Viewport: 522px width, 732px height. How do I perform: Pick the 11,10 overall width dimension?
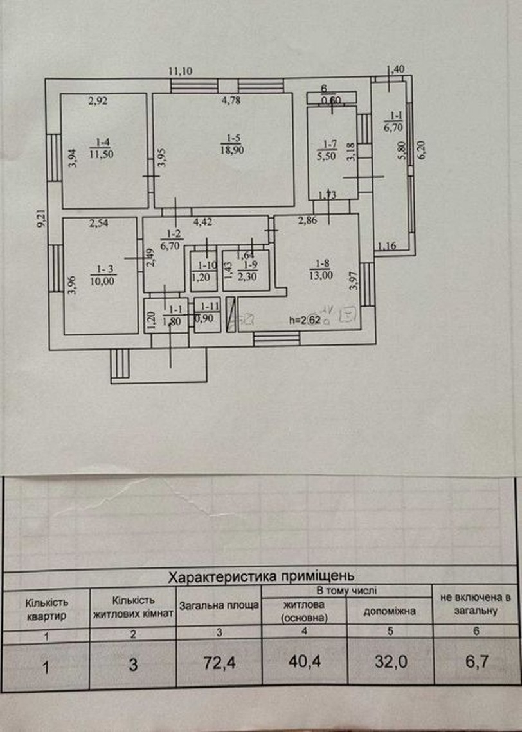pos(181,71)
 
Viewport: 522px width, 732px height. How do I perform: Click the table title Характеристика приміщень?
pos(260,575)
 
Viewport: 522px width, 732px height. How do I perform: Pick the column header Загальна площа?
pos(219,605)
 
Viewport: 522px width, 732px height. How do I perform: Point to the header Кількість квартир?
pos(46,609)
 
